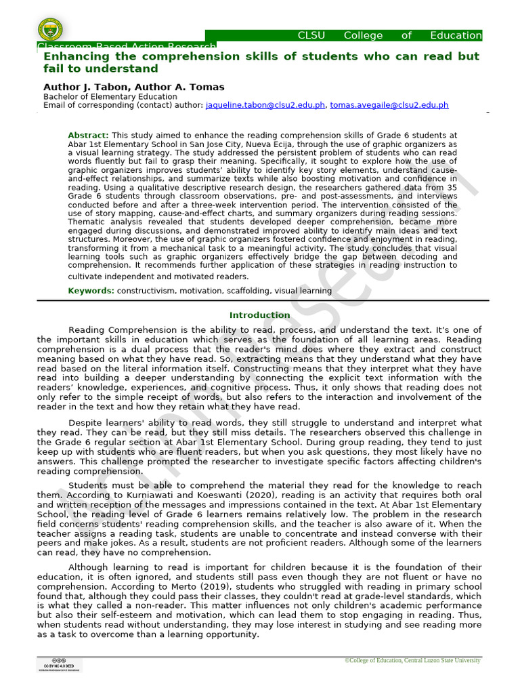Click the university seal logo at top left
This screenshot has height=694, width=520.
(x=49, y=29)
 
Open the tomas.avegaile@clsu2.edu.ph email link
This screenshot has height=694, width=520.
(x=389, y=105)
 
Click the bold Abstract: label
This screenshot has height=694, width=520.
(x=88, y=136)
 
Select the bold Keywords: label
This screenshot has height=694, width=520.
(x=91, y=291)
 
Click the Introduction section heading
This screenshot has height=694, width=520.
(x=259, y=315)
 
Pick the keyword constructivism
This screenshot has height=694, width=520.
(x=148, y=291)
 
